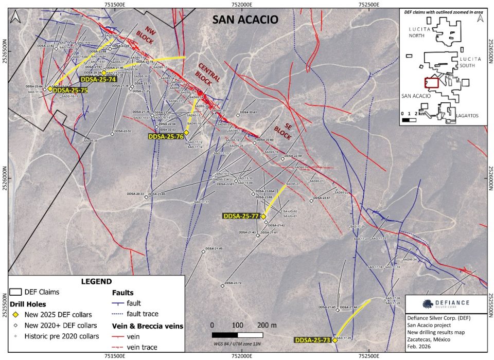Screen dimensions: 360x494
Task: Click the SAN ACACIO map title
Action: click(245, 20)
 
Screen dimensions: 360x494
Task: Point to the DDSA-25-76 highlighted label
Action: click(166, 137)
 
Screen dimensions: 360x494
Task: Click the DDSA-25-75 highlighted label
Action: click(70, 90)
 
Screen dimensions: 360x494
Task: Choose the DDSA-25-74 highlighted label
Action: click(98, 79)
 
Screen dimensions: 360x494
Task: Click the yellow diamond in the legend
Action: click(16, 315)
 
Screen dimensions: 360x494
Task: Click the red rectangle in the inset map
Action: click(431, 82)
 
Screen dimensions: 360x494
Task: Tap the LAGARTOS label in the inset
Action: click(467, 116)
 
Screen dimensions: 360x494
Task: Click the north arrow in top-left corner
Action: click(16, 16)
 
